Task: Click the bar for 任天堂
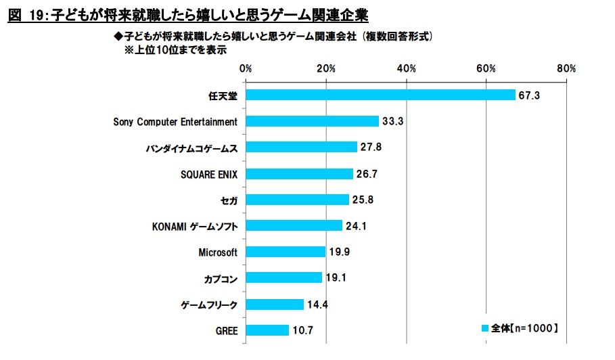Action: (x=380, y=95)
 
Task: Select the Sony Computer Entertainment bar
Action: (x=312, y=121)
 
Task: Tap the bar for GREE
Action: (x=267, y=330)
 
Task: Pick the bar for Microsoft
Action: (x=286, y=252)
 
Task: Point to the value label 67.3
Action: (x=528, y=95)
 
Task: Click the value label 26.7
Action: (x=366, y=174)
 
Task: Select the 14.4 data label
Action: (x=317, y=305)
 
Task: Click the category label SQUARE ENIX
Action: (x=209, y=174)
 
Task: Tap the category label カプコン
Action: (x=221, y=278)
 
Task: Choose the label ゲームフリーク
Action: (x=209, y=305)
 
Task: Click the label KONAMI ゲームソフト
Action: (x=195, y=226)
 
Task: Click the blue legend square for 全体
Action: (x=484, y=328)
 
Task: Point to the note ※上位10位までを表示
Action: (x=175, y=49)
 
